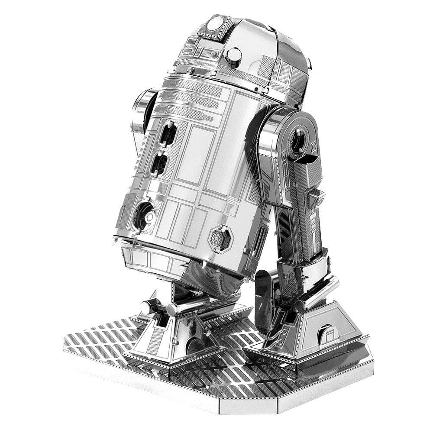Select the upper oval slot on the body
(168, 133)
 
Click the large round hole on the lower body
(143, 215)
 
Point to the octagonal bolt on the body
(221, 238)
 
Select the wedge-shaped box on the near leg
(317, 198)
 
